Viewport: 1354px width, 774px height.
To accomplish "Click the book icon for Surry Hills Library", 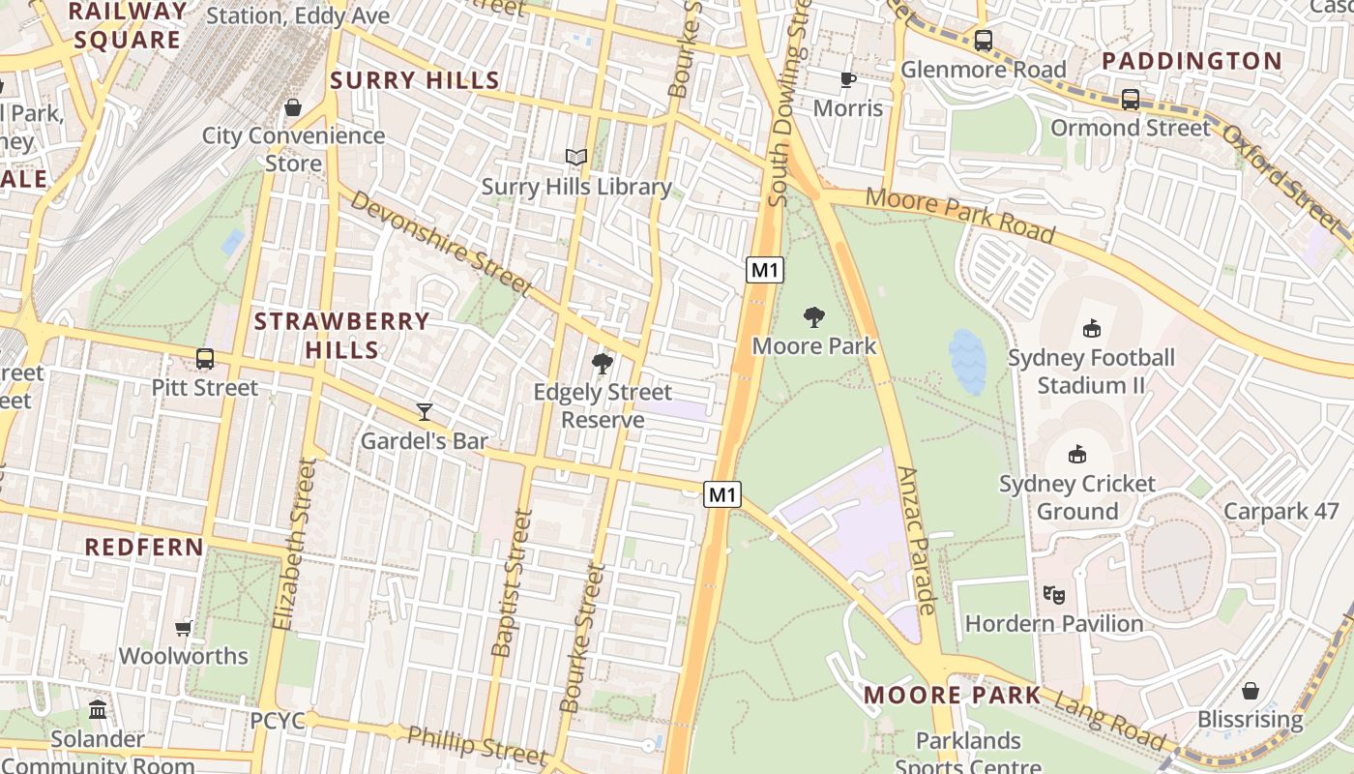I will tap(576, 157).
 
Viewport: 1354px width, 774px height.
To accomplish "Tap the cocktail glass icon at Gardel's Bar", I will tap(424, 412).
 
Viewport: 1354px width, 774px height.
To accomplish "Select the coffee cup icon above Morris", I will tap(848, 79).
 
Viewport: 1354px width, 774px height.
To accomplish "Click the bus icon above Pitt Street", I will tap(205, 359).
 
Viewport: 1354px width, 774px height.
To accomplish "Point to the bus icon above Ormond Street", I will tap(1130, 99).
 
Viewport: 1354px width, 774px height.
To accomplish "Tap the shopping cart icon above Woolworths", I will tap(184, 627).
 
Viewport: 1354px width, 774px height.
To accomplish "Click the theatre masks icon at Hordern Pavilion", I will tap(1054, 595).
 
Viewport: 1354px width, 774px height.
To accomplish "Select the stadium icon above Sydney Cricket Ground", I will tap(1077, 454).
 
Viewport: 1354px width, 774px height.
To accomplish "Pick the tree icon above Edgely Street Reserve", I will tap(603, 364).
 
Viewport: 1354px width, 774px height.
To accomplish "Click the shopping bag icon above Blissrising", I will tap(1251, 691).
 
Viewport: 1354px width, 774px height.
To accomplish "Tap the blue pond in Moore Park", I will tap(967, 362).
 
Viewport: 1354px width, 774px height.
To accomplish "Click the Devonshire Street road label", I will tap(440, 242).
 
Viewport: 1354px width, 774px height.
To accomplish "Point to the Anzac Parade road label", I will tap(918, 540).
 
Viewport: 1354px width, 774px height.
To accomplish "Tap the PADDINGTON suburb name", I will tap(1192, 61).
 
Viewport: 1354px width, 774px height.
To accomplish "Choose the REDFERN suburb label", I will tap(144, 547).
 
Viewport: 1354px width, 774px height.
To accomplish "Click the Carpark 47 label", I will tap(1280, 511).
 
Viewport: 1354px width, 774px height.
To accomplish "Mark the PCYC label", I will tap(278, 721).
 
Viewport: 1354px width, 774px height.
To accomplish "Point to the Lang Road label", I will tap(1110, 722).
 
